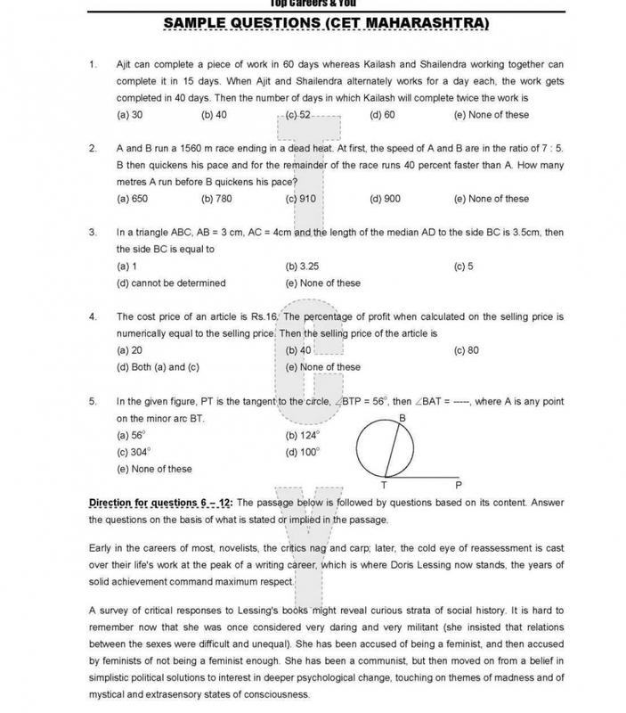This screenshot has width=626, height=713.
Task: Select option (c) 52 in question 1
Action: pos(298,115)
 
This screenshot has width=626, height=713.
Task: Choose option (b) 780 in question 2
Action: pos(216,199)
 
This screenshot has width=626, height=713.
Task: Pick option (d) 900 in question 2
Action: pos(384,199)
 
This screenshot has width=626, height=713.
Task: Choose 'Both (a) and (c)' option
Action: pos(158,367)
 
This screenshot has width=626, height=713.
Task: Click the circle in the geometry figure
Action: pos(386,450)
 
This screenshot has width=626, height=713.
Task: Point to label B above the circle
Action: pos(402,418)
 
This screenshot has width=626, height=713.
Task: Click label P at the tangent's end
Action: pos(459,485)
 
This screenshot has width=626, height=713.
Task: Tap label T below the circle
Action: pos(384,486)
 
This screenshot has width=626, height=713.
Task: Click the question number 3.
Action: pos(93,233)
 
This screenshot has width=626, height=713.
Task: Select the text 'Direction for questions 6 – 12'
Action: pos(161,503)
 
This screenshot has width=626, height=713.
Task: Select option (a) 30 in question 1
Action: pos(130,115)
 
